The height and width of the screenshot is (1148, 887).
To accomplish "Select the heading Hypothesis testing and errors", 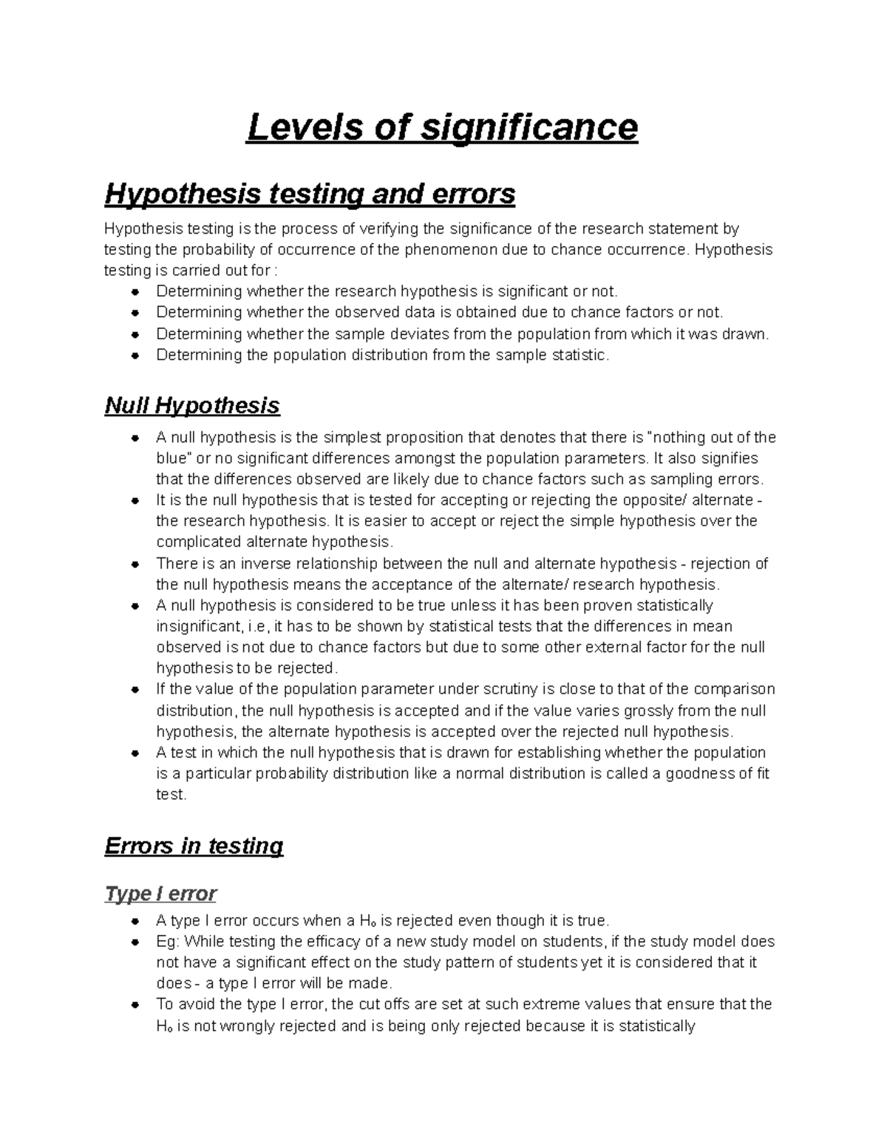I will pos(310,194).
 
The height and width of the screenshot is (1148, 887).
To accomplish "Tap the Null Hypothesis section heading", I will pos(192,405).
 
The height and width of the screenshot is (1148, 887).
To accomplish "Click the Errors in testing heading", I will pos(194,846).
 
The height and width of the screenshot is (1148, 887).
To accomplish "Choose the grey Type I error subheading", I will pos(160,894).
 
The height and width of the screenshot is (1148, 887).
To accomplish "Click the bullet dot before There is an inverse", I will pos(135,565).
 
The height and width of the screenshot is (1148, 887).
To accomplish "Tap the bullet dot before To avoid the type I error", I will pos(135,1005).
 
